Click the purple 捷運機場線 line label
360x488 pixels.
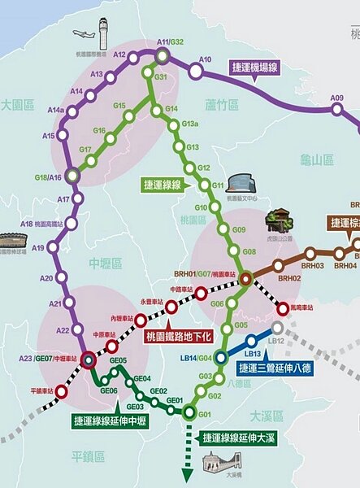255,68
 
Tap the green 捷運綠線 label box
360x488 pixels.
164,185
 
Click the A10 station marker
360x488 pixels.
195,72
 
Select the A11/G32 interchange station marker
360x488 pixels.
163,55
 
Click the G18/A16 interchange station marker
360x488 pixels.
73,175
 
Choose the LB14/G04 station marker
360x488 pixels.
220,356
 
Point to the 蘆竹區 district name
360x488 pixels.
221,105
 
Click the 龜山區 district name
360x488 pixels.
316,160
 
